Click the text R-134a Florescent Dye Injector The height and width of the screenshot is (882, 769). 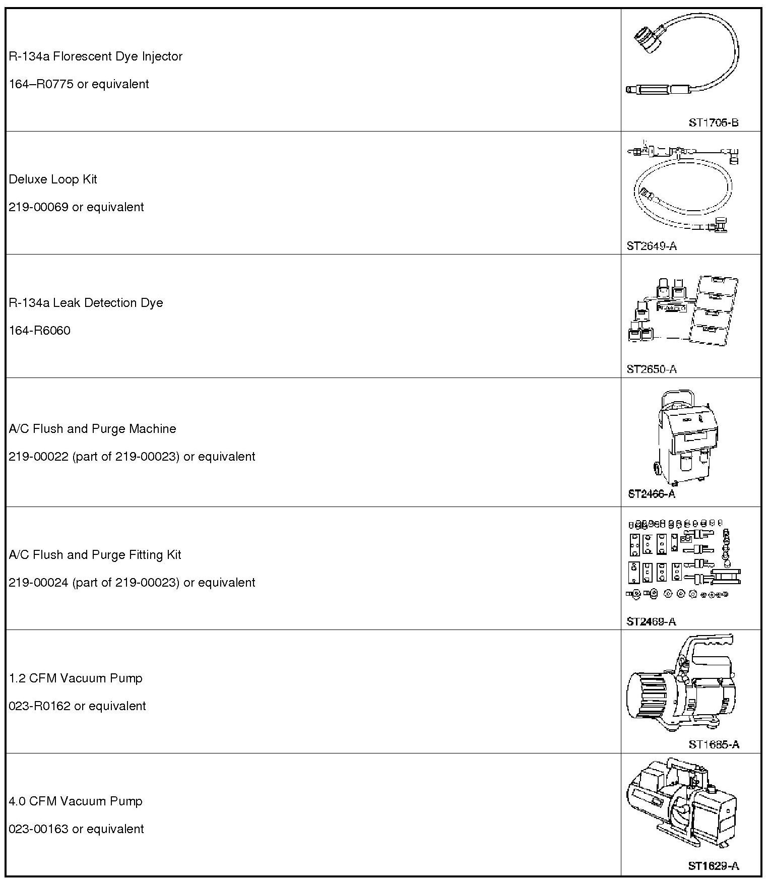[95, 56]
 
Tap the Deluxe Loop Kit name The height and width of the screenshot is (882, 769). [53, 179]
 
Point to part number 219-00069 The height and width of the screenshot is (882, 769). [38, 207]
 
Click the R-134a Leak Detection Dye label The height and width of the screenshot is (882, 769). [86, 303]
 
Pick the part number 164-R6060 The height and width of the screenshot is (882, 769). [39, 331]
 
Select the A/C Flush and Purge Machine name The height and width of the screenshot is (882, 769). [92, 429]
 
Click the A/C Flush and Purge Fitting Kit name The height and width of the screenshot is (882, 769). [95, 555]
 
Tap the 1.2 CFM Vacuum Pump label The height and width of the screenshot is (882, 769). [76, 678]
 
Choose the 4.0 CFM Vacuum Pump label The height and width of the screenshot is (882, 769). [76, 801]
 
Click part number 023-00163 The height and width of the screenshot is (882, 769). [38, 829]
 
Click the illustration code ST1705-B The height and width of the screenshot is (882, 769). [713, 122]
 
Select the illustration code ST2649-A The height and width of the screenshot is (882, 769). [651, 246]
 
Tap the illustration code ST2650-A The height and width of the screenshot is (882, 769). [651, 369]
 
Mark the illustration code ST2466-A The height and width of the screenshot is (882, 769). [651, 494]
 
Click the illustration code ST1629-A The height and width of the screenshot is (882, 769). [713, 866]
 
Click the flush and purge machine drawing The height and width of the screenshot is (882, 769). [685, 438]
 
